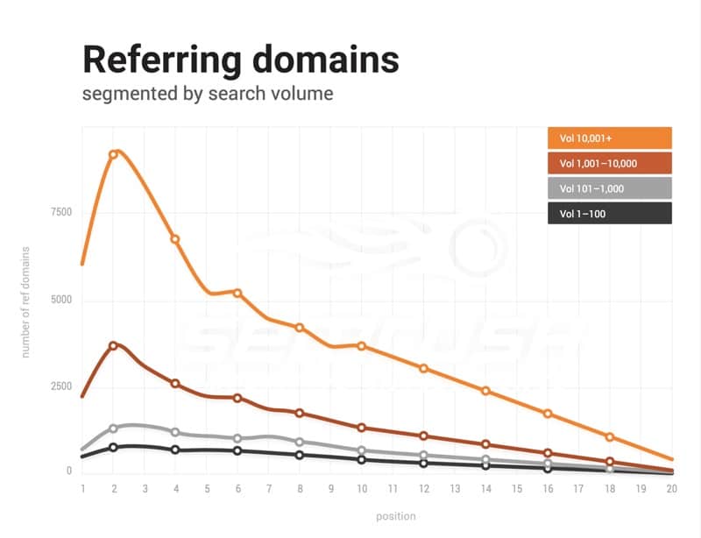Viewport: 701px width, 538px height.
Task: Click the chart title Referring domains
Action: [x=240, y=60]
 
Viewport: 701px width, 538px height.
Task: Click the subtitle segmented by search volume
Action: [x=208, y=93]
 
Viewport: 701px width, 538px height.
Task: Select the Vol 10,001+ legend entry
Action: [x=610, y=138]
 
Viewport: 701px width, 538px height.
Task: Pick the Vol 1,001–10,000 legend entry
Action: [x=610, y=163]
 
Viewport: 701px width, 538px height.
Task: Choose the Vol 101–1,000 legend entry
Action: [x=610, y=188]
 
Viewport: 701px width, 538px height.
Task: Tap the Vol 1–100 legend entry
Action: [x=610, y=213]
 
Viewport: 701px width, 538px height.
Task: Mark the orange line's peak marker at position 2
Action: [x=113, y=154]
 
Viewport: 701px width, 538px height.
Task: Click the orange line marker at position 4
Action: [x=175, y=238]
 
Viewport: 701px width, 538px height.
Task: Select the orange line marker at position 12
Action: [x=423, y=368]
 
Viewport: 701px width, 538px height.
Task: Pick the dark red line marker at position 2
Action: [x=113, y=346]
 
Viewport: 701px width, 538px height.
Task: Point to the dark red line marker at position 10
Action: [x=361, y=428]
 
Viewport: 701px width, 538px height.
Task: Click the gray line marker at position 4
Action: [x=175, y=432]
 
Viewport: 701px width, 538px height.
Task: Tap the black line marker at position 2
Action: [x=113, y=447]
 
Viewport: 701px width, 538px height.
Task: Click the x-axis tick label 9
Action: [x=330, y=488]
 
